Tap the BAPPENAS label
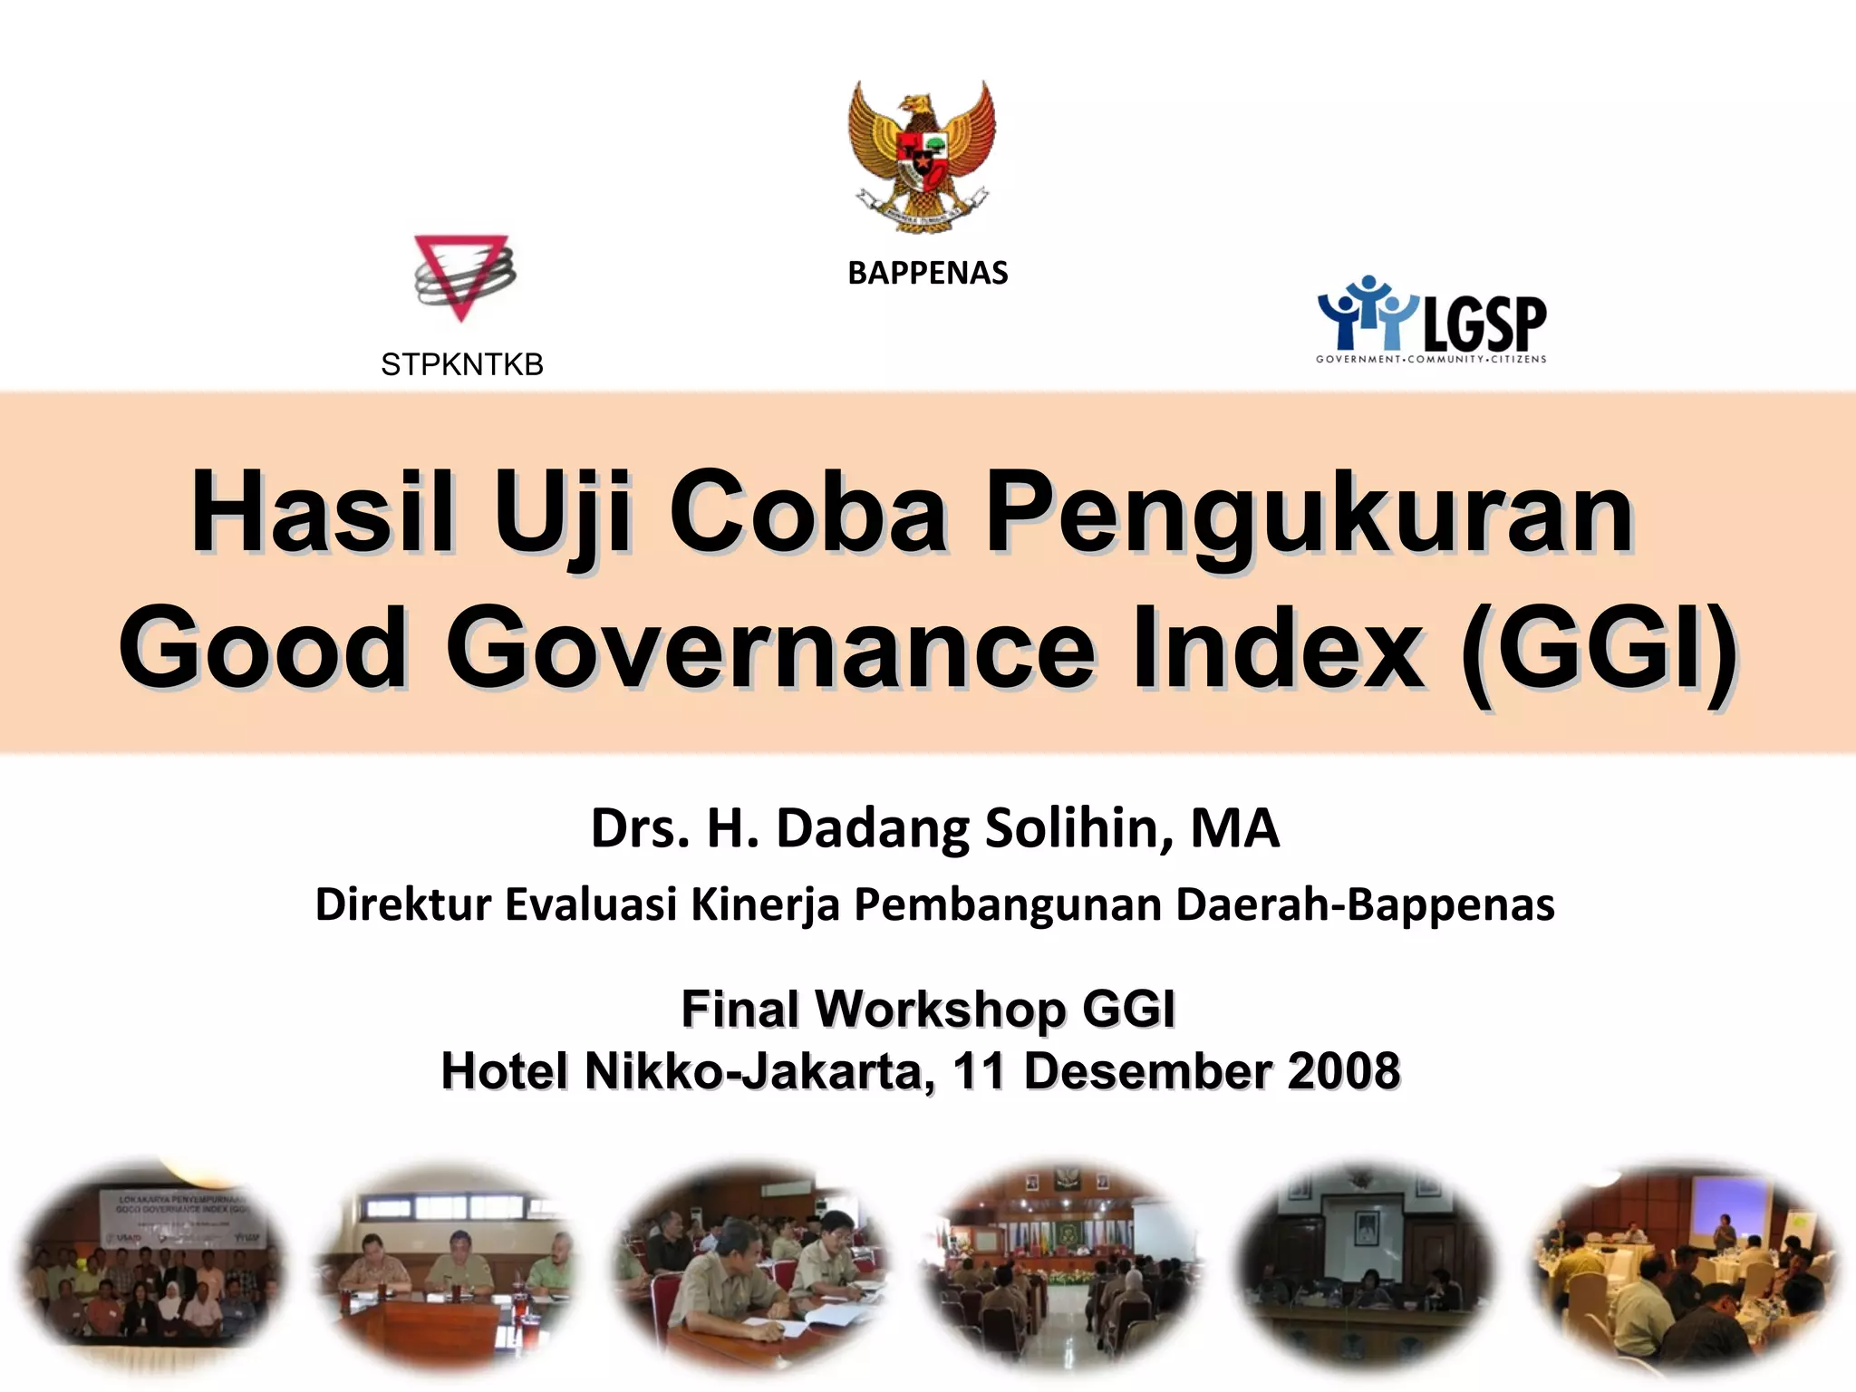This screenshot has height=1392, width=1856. (927, 273)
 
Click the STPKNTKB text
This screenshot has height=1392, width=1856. (462, 364)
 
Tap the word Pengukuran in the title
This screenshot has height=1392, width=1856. (1309, 514)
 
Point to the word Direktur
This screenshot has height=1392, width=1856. (402, 904)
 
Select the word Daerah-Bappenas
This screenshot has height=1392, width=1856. (1365, 904)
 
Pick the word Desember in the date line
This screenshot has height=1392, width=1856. (1146, 1071)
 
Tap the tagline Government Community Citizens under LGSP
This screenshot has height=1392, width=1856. (1431, 360)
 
